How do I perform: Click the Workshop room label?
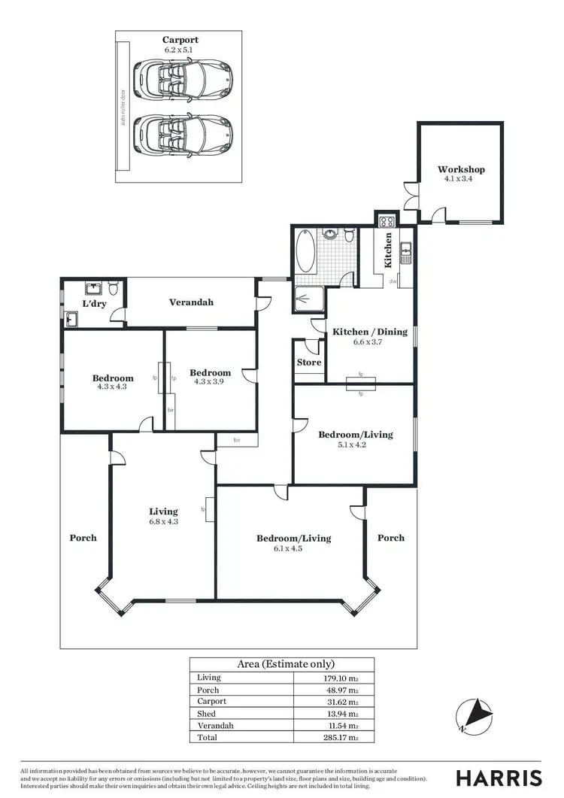(x=461, y=169)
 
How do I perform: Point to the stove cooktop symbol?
(x=388, y=221)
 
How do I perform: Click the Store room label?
(x=308, y=363)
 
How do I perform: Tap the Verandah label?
(x=191, y=302)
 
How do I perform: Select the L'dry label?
(x=93, y=304)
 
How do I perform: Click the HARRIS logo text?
(x=499, y=777)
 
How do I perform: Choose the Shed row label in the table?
(x=206, y=714)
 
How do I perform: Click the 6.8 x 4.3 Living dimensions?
(x=163, y=521)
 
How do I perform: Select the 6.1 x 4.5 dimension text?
(x=294, y=548)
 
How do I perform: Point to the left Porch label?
(x=83, y=538)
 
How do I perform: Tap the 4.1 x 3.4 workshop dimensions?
(x=461, y=179)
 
